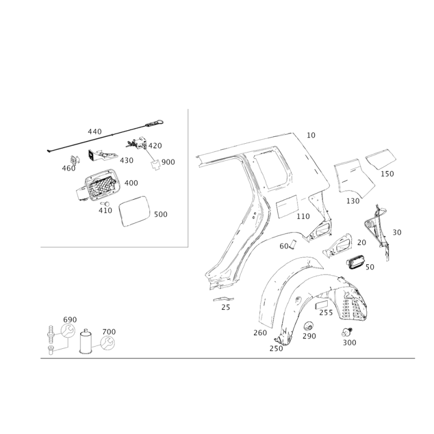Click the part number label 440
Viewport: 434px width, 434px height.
tap(94, 131)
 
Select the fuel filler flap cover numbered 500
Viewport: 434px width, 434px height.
tap(134, 211)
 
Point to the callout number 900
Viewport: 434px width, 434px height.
tap(168, 162)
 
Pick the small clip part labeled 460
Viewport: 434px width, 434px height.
tap(74, 159)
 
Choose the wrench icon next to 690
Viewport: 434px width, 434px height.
tap(68, 330)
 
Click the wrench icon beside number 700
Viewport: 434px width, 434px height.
tap(107, 343)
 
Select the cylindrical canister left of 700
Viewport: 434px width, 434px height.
tap(86, 341)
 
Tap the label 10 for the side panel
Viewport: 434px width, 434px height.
tap(311, 135)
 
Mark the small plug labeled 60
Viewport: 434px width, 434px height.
tap(293, 245)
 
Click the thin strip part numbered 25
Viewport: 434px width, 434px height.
tap(223, 299)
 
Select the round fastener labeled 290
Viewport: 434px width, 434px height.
tap(308, 327)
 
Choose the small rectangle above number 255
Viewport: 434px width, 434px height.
tap(322, 305)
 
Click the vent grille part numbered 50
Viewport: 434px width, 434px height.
tap(356, 263)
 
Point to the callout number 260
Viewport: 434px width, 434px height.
tap(260, 333)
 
